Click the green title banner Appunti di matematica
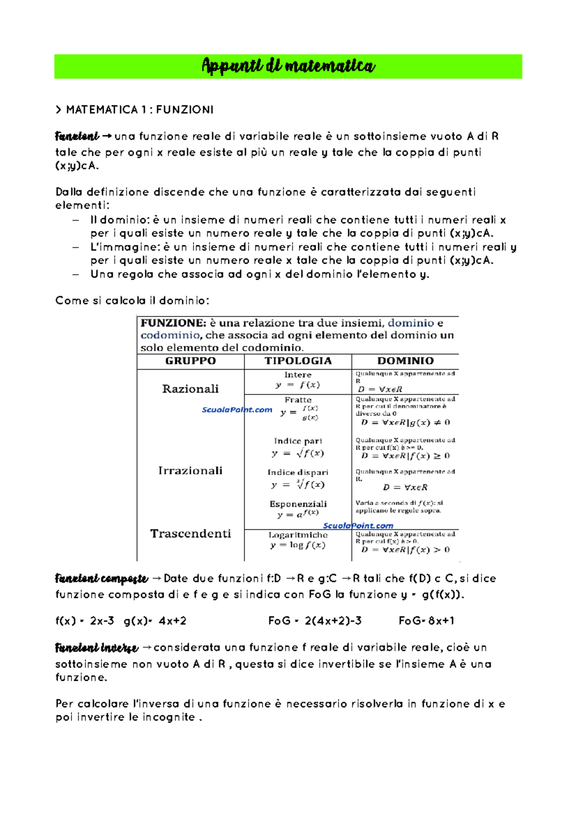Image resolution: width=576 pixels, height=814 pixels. pyautogui.click(x=288, y=66)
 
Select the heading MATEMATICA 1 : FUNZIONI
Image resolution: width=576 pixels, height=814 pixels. pyautogui.click(x=135, y=110)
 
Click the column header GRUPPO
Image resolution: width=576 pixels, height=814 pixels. pyautogui.click(x=191, y=361)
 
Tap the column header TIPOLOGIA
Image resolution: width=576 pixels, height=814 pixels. pyautogui.click(x=298, y=361)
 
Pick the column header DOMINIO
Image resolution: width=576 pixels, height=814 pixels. pyautogui.click(x=405, y=361)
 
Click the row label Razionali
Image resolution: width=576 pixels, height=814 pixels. pyautogui.click(x=190, y=389)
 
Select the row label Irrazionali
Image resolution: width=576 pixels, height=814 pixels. pyautogui.click(x=190, y=471)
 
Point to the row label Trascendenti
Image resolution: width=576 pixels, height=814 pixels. pyautogui.click(x=191, y=534)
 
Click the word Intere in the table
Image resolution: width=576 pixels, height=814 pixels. pyautogui.click(x=298, y=375)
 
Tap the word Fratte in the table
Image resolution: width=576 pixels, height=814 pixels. pyautogui.click(x=298, y=400)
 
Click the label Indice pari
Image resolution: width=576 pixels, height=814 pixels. pyautogui.click(x=298, y=441)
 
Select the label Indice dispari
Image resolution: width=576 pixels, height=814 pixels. pyautogui.click(x=298, y=473)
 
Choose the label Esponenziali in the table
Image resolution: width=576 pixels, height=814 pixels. pyautogui.click(x=298, y=504)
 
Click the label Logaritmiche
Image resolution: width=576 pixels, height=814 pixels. pyautogui.click(x=298, y=535)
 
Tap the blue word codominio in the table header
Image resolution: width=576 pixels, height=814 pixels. pyautogui.click(x=170, y=335)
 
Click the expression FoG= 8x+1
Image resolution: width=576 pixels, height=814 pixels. pyautogui.click(x=426, y=621)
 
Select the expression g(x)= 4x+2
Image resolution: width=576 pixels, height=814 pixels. pyautogui.click(x=155, y=621)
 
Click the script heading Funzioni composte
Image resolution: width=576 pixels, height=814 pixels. pyautogui.click(x=101, y=579)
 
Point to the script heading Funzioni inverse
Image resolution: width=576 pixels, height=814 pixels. pyautogui.click(x=96, y=649)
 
